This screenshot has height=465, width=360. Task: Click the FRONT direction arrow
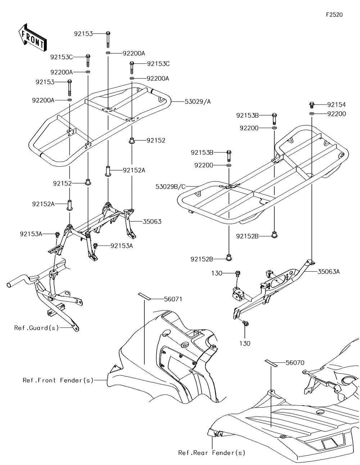32,38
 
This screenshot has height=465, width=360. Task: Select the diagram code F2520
334,15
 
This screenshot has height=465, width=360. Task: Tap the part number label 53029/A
198,101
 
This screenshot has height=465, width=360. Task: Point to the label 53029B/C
170,187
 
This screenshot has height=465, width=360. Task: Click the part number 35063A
329,272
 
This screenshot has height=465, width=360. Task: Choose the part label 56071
173,299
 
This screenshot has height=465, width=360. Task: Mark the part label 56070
295,363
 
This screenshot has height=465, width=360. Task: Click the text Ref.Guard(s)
37,328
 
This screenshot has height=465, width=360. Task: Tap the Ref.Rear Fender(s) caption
212,453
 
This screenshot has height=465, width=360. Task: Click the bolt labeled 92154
312,105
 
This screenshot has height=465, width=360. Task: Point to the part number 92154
337,105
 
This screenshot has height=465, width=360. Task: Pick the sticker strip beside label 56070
271,363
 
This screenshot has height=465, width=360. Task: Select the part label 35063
152,222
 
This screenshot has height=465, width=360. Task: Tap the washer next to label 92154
312,113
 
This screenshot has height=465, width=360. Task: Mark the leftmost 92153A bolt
57,235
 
